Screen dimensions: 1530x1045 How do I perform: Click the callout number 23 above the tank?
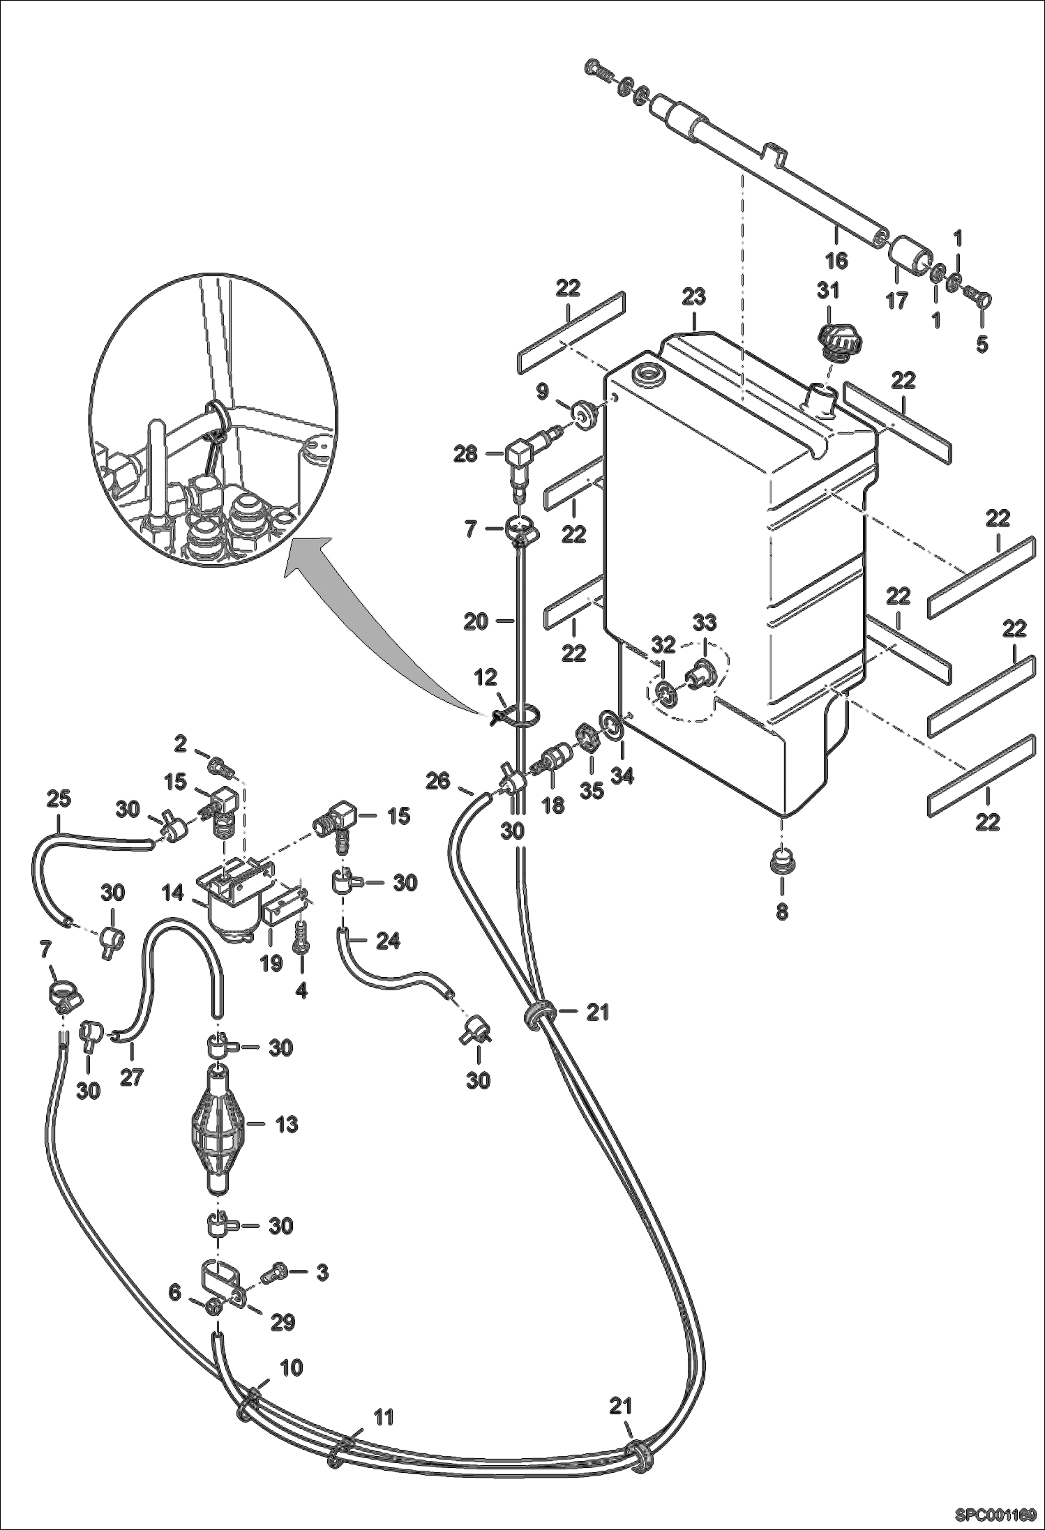pyautogui.click(x=694, y=297)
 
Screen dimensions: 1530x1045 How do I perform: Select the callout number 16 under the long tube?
pyautogui.click(x=836, y=261)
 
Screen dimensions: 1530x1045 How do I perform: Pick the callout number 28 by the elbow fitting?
pyautogui.click(x=466, y=455)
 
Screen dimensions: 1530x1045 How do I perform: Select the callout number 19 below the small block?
pyautogui.click(x=271, y=964)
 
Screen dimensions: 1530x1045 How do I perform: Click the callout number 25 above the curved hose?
pyautogui.click(x=59, y=799)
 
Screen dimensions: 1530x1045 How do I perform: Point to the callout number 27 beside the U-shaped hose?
pyautogui.click(x=130, y=1077)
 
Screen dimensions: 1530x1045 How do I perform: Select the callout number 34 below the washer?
pyautogui.click(x=622, y=775)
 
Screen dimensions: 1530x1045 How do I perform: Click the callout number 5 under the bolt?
pyautogui.click(x=982, y=344)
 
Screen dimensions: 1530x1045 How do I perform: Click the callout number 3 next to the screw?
pyautogui.click(x=322, y=1272)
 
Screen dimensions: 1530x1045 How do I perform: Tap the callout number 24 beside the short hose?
pyautogui.click(x=388, y=941)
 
